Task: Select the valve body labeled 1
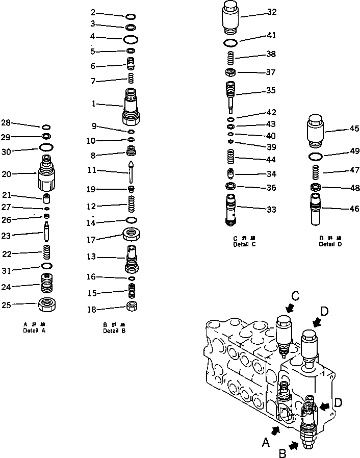pos(131,106)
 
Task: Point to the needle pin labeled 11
pos(132,171)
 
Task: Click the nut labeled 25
pos(47,305)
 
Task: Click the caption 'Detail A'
pos(35,330)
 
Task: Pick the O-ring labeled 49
pos(316,156)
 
